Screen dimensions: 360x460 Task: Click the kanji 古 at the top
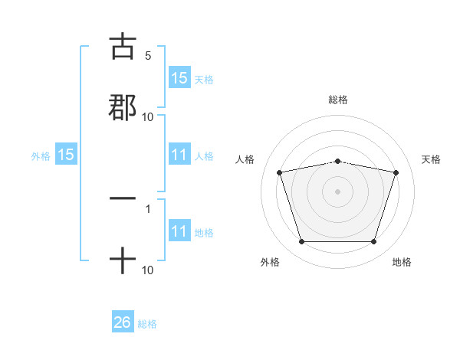click(123, 47)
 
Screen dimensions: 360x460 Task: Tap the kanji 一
click(123, 198)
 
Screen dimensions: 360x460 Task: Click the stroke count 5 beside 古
click(147, 56)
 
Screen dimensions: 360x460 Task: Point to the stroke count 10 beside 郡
click(147, 117)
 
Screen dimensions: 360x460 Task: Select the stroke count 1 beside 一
click(147, 208)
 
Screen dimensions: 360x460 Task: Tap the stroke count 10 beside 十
click(147, 270)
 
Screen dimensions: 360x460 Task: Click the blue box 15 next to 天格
click(179, 78)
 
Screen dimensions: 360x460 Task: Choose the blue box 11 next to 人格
click(179, 155)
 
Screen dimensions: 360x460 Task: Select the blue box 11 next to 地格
click(179, 232)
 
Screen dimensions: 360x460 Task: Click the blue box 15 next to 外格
click(66, 155)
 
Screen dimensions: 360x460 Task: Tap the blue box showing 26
click(123, 323)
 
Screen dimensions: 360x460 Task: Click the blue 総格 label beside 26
click(147, 324)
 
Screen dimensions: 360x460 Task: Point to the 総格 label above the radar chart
click(337, 100)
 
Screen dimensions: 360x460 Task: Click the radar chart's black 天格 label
click(431, 159)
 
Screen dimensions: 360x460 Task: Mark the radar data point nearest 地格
click(373, 242)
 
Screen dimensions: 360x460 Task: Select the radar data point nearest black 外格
click(301, 242)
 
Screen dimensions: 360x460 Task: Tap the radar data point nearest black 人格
click(279, 172)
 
